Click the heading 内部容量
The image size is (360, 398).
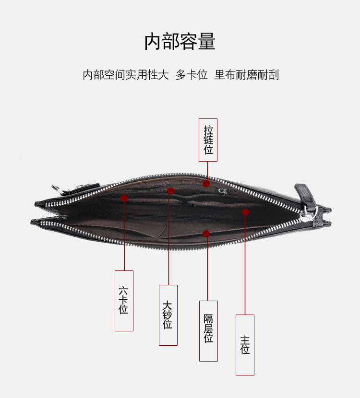(180, 42)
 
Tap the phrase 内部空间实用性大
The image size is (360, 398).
(126, 75)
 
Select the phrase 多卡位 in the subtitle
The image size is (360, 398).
(192, 75)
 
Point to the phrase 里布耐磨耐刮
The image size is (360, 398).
(247, 75)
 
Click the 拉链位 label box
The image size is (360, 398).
(208, 140)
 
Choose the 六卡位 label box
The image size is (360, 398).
(124, 301)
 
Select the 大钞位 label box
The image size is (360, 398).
(168, 315)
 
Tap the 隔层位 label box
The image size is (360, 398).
(208, 331)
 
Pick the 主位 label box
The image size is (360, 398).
(245, 345)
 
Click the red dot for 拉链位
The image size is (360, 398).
(206, 184)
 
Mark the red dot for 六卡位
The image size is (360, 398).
(124, 198)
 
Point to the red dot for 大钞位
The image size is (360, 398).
(170, 191)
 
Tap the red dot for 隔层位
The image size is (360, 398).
(206, 234)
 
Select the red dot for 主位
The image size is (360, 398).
(245, 212)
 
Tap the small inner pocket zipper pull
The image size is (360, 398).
(223, 190)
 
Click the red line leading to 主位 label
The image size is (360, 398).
(245, 264)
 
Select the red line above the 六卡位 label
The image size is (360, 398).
(124, 235)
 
